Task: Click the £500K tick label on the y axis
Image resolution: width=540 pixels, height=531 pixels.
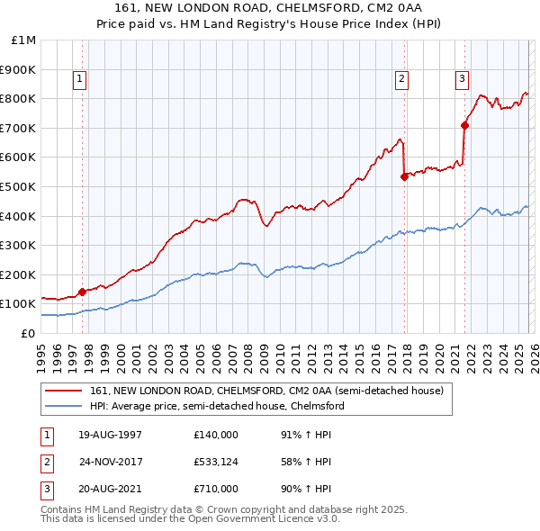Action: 18,186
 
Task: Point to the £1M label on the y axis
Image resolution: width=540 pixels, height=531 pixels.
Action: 24,40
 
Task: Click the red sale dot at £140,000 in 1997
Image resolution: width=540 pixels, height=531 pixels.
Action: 82,292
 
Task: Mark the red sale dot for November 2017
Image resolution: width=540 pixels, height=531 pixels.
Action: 404,176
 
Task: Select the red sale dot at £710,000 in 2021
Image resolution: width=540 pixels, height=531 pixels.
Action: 464,125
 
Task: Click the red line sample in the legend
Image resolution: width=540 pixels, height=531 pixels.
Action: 63,391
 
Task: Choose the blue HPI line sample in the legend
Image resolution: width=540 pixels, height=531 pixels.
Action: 63,406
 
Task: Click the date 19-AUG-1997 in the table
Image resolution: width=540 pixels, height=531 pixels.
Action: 110,434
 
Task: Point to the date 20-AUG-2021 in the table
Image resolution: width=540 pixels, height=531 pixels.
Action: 110,490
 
